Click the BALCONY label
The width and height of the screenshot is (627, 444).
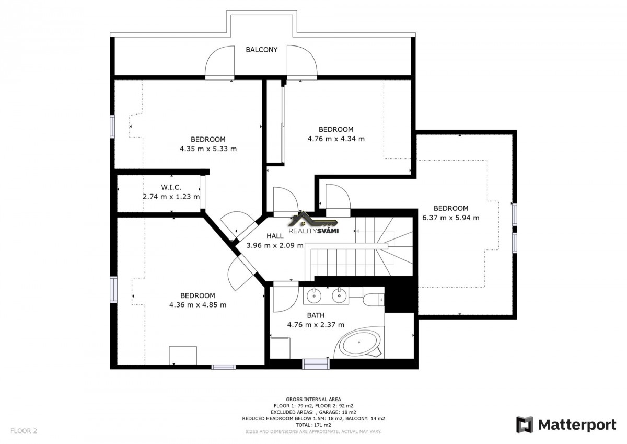click(x=261, y=50)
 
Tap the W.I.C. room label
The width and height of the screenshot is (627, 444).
click(x=171, y=187)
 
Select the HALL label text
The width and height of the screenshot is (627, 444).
click(x=275, y=236)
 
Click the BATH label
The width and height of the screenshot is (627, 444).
click(x=316, y=315)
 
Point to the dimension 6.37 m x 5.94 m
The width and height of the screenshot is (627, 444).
click(x=450, y=218)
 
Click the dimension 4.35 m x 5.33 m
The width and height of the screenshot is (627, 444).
click(x=208, y=149)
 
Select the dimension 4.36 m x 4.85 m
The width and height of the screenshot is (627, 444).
click(x=198, y=305)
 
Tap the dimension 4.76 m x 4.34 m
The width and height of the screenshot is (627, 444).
click(x=336, y=139)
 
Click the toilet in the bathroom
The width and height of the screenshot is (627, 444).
click(x=374, y=300)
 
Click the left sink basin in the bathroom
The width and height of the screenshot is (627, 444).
click(x=314, y=296)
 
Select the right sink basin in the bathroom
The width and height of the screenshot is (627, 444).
click(x=339, y=296)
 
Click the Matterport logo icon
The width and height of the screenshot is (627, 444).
click(x=525, y=425)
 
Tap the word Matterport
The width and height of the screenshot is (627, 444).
click(x=577, y=425)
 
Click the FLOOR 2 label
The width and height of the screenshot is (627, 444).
click(x=24, y=431)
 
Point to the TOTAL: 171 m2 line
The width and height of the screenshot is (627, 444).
click(x=313, y=425)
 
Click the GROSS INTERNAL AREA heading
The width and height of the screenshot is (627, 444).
click(x=313, y=400)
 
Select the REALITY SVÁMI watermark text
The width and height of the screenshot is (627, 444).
click(x=313, y=231)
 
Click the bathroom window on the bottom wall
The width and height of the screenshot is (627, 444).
click(x=316, y=364)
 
